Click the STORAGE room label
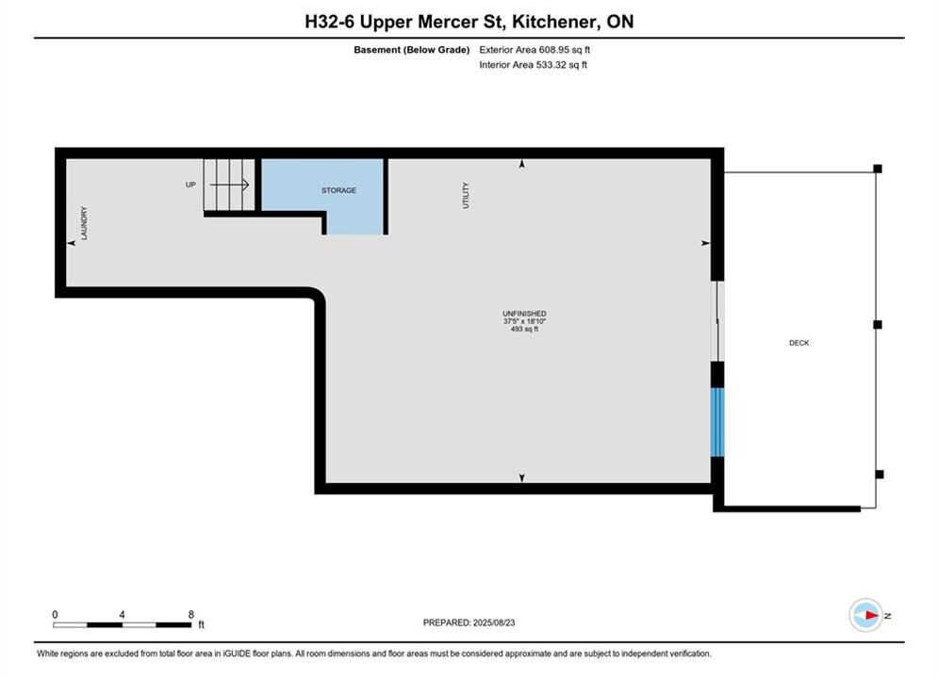point(338,190)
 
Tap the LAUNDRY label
point(84,223)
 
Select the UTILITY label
point(466,195)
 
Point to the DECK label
point(798,343)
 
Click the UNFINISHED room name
point(524,314)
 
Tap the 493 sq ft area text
point(524,330)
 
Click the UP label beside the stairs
point(190,185)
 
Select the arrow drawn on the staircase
point(229,185)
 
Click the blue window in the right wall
point(716,422)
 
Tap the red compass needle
point(872,615)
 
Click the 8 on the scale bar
point(190,614)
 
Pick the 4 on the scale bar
point(122,614)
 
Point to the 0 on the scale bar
point(55,614)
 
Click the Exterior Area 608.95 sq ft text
point(535,50)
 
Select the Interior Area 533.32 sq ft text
point(533,65)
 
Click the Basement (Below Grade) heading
point(412,50)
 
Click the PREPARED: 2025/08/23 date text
point(469,622)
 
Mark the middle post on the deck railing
point(878,324)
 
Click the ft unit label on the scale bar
point(201,625)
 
